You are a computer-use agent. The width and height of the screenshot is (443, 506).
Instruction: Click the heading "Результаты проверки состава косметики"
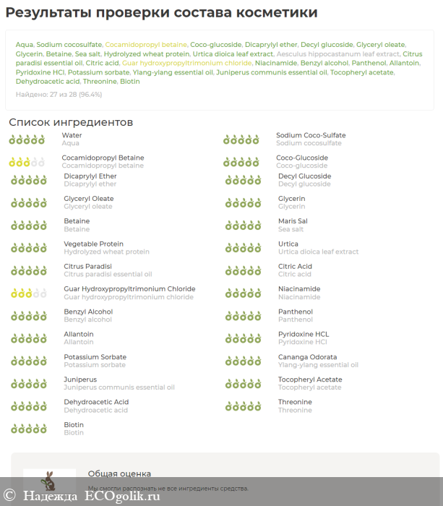[162, 13]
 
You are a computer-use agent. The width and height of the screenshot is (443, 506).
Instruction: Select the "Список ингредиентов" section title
[71, 122]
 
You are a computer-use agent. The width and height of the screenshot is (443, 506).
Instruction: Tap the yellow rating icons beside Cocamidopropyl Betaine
[27, 162]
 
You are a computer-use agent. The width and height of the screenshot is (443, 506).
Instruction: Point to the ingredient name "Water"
[72, 135]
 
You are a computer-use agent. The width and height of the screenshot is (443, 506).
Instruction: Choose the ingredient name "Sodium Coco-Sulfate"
[311, 135]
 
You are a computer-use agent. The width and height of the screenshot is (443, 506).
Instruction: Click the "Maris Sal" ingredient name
[293, 221]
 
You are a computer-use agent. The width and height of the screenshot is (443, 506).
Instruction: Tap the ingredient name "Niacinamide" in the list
[299, 289]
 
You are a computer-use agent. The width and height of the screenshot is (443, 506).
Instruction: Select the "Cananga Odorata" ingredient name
[307, 357]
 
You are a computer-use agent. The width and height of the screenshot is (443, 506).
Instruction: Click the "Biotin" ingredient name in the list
[74, 425]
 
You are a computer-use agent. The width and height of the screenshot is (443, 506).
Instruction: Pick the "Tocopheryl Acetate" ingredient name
[310, 379]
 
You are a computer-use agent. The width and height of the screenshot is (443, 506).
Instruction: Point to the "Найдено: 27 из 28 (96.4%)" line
[59, 95]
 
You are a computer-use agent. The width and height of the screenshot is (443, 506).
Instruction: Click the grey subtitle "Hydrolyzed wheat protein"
[106, 252]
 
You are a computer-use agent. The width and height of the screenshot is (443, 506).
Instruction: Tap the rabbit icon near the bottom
[49, 481]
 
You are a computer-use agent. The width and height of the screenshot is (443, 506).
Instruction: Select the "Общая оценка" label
[119, 473]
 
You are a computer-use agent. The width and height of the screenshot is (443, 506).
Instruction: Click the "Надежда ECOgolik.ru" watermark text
[91, 496]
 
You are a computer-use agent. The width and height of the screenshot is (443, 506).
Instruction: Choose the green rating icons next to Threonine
[243, 406]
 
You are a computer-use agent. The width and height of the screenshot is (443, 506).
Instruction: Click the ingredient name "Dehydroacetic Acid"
[96, 402]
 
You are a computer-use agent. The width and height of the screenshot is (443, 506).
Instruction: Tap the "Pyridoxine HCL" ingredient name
[304, 334]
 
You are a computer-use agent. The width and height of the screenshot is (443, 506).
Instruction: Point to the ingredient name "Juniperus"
[80, 379]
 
